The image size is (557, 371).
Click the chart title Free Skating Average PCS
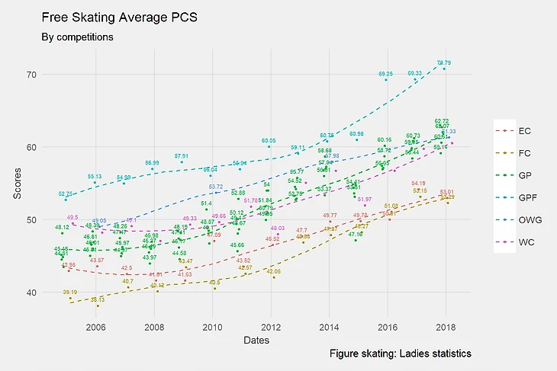coord(119,16)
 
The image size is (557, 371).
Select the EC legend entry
coord(524,131)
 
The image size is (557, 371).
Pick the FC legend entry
coord(524,153)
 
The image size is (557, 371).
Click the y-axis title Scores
coord(18,185)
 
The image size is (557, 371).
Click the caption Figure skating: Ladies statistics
coord(401,354)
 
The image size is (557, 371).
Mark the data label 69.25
coord(386,74)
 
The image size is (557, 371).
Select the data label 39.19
coord(69,293)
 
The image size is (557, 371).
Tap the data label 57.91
coord(181,156)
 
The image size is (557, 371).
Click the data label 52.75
coord(66,194)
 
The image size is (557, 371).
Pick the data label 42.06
coord(273,271)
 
